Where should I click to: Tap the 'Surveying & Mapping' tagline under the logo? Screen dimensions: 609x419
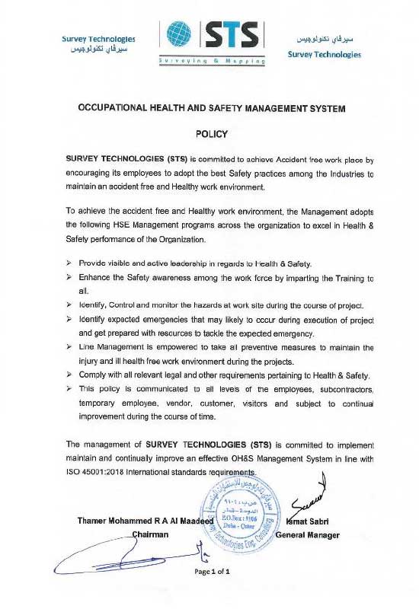[x=212, y=59]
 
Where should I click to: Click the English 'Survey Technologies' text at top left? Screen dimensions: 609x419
[x=98, y=38]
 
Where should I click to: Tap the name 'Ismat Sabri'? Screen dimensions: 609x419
[x=302, y=521]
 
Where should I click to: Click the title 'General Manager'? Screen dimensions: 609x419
[x=307, y=534]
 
